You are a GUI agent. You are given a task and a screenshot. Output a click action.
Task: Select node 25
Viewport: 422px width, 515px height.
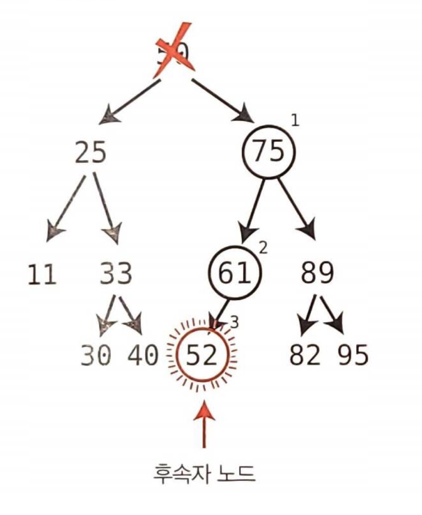(91, 153)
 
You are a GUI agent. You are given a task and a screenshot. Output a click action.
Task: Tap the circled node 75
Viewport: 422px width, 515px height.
(269, 152)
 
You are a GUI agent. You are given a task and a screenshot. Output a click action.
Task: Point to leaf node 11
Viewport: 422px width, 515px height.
(42, 275)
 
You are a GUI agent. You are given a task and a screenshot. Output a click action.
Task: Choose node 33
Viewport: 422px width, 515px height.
(116, 274)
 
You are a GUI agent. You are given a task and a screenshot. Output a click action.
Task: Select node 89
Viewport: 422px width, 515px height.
(317, 274)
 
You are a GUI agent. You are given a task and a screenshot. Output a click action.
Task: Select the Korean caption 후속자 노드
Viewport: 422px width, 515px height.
(204, 474)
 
